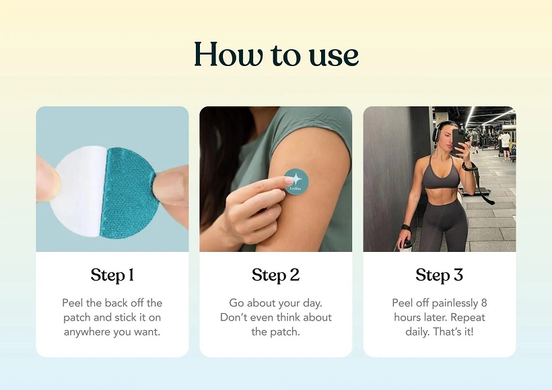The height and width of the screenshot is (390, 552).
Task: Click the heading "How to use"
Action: pyautogui.click(x=277, y=55)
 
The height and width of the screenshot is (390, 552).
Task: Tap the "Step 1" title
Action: pyautogui.click(x=112, y=275)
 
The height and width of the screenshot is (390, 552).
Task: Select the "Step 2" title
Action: pyautogui.click(x=275, y=275)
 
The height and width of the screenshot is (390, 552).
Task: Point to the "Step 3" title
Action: pyautogui.click(x=439, y=275)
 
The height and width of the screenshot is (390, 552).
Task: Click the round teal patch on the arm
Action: pyautogui.click(x=296, y=182)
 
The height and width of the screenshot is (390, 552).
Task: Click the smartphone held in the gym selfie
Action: pyautogui.click(x=460, y=141)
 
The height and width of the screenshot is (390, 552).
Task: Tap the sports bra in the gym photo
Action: pyautogui.click(x=442, y=175)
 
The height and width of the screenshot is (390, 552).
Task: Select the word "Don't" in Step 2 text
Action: pyautogui.click(x=232, y=317)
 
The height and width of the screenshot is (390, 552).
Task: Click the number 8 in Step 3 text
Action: pyautogui.click(x=484, y=303)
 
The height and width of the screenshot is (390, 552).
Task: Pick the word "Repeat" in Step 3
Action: pyautogui.click(x=468, y=318)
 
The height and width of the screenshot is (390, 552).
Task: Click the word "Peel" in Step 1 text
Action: pyautogui.click(x=73, y=303)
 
